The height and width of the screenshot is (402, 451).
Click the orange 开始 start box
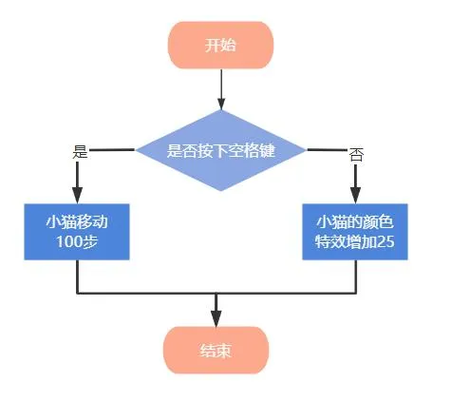click(221, 45)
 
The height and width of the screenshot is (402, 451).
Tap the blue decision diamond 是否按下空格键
click(221, 150)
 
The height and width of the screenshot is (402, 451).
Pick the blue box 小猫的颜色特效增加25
click(355, 232)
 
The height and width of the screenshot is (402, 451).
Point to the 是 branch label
click(80, 151)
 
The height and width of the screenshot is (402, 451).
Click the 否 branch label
click(355, 154)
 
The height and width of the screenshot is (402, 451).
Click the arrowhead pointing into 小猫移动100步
click(77, 195)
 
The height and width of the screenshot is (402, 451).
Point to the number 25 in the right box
click(385, 243)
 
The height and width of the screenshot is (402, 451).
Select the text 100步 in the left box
click(77, 243)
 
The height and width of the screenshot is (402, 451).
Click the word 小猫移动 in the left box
click(77, 221)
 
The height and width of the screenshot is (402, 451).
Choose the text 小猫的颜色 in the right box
click(355, 221)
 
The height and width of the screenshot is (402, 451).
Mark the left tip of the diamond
click(138, 150)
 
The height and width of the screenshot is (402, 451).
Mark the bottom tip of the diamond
click(221, 190)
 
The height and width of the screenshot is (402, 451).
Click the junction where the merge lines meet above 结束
click(216, 291)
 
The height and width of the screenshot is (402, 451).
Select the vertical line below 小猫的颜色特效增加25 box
click(355, 276)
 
